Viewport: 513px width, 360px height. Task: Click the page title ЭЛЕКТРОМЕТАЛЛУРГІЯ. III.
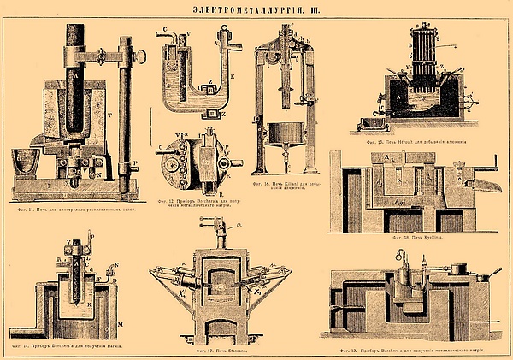point(256,9)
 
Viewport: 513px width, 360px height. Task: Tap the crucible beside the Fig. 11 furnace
point(28,162)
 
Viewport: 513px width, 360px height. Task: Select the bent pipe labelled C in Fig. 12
point(170,37)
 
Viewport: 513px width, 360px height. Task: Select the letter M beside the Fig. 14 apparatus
point(120,323)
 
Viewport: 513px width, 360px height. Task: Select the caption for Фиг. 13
point(414,346)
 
